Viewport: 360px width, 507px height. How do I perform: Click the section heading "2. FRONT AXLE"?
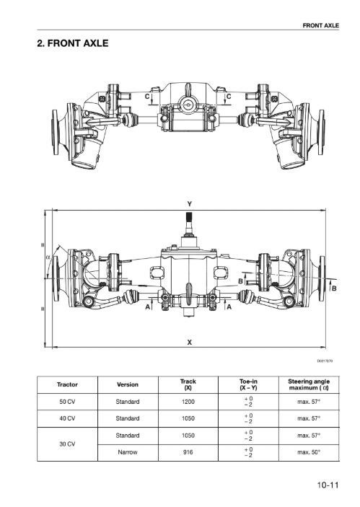point(73,43)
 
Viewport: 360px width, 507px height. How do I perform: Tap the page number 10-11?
point(328,485)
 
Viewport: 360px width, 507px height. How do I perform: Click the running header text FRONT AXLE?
point(320,25)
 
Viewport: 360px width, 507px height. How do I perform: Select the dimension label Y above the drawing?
point(190,204)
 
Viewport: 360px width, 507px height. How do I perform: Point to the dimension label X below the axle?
point(190,342)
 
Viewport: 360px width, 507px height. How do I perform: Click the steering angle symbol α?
point(48,257)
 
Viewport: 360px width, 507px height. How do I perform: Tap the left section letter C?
point(147,97)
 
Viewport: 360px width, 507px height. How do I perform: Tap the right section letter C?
point(229,97)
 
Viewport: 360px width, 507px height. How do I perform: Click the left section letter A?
point(147,307)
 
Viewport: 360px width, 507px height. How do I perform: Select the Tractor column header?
point(67,384)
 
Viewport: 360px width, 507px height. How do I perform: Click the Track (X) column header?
point(188,384)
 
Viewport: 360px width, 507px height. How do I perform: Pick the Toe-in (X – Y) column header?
point(248,384)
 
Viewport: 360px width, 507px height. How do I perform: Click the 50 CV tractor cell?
point(67,402)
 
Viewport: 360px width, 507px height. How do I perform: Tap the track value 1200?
point(188,402)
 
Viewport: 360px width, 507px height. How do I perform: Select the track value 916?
point(188,452)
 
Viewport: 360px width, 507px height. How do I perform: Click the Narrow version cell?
point(128,452)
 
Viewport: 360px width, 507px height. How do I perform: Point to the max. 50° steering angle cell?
point(309,452)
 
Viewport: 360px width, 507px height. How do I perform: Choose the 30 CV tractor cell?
point(67,444)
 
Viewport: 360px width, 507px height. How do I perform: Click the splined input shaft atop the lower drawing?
point(190,222)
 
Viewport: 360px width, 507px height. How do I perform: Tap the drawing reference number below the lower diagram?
point(325,361)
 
